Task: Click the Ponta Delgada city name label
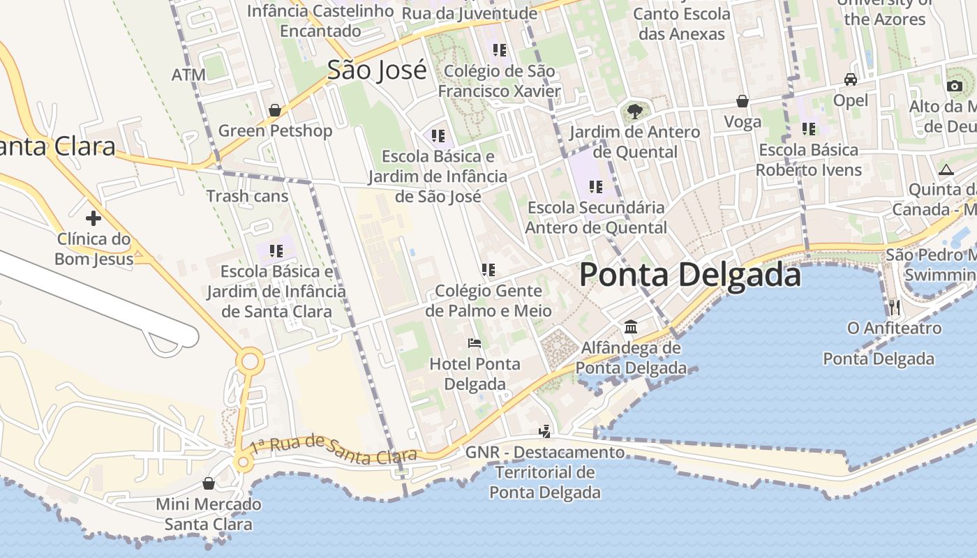[689, 275]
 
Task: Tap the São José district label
[377, 70]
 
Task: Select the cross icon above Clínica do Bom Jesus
[93, 218]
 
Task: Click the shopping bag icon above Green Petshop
[275, 110]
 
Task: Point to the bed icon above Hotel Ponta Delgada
[475, 343]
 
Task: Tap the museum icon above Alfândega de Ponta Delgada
[631, 326]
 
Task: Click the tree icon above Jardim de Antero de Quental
[634, 111]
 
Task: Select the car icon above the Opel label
[850, 80]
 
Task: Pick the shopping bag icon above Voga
[743, 102]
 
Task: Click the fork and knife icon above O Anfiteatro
[894, 307]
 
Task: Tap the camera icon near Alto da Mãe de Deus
[954, 86]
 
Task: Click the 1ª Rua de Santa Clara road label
[334, 448]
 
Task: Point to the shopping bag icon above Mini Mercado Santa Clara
[208, 483]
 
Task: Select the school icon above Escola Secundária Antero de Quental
[595, 186]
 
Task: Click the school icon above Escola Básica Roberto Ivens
[808, 129]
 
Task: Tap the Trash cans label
[247, 196]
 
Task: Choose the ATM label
[188, 75]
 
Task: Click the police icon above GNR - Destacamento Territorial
[544, 432]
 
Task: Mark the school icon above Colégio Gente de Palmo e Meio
[488, 269]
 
